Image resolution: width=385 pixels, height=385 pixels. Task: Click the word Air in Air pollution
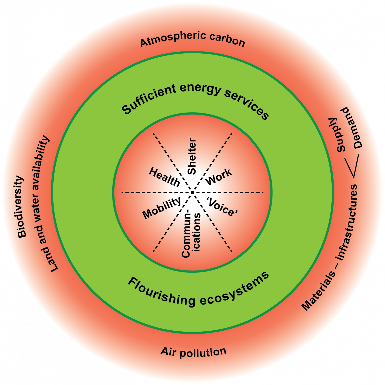(x=168, y=351)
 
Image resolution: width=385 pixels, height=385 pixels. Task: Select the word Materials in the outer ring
(x=318, y=291)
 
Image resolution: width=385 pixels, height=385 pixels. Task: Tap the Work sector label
(x=219, y=177)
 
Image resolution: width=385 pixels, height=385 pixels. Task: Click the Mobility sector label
(x=162, y=208)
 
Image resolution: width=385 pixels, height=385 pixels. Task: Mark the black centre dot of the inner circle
(x=192, y=192)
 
